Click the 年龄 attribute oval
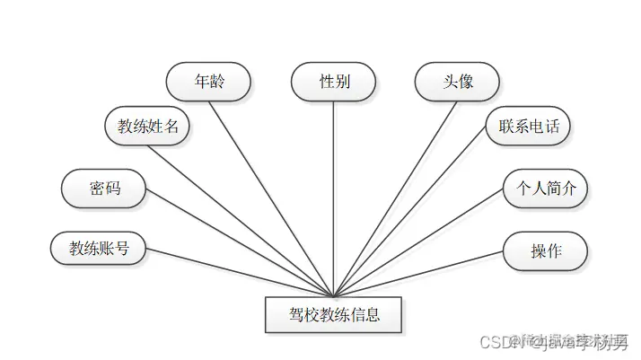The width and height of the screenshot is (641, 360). point(208,82)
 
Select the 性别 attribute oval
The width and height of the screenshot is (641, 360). point(334,82)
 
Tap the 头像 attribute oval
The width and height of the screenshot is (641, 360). point(456,82)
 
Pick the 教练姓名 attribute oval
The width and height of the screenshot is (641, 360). point(148,126)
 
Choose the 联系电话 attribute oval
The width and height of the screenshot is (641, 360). point(528,126)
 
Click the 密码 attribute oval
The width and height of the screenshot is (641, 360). point(103,189)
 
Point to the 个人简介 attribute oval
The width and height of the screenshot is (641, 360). point(545,189)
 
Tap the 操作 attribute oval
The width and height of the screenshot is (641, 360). point(545,250)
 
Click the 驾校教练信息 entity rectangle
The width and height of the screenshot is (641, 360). point(334,315)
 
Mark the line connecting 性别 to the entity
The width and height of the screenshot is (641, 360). point(334,198)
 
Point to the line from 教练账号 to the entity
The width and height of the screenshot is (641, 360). point(238,270)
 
